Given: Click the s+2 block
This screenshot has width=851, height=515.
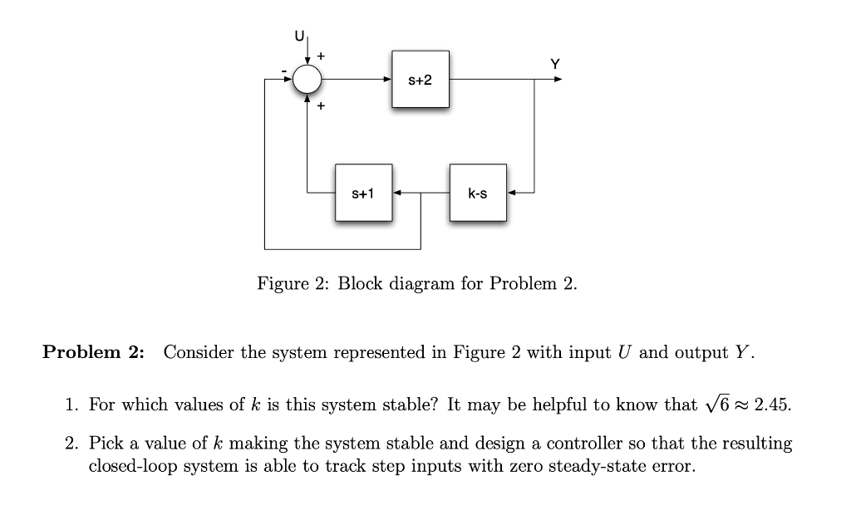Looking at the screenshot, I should coord(421,80).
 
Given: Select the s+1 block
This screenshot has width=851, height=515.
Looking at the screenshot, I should coord(363,194).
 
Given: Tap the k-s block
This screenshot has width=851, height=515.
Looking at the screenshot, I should coord(478,194).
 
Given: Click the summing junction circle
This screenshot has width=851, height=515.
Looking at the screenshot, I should coord(308,80).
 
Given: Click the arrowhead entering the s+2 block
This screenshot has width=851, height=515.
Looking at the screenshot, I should coord(387,80).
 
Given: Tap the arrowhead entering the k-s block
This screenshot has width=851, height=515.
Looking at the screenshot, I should coord(511,194).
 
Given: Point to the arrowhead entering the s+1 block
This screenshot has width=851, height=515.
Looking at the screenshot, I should coord(397,194).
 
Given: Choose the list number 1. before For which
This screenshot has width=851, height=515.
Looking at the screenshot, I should coord(72,405).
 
